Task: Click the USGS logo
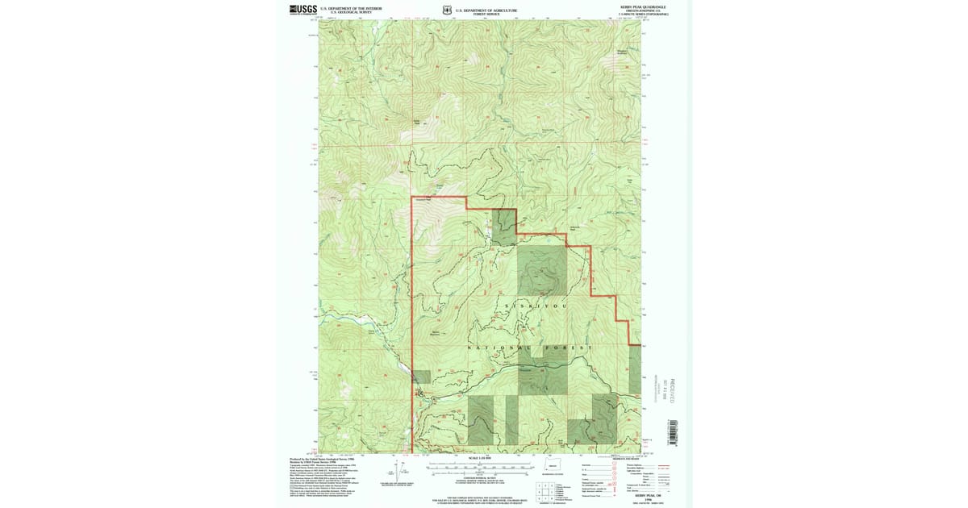(x=302, y=9)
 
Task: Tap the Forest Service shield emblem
(x=448, y=10)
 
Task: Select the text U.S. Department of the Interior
(x=351, y=8)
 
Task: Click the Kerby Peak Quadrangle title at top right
(x=643, y=6)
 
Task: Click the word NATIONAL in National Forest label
(x=494, y=348)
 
